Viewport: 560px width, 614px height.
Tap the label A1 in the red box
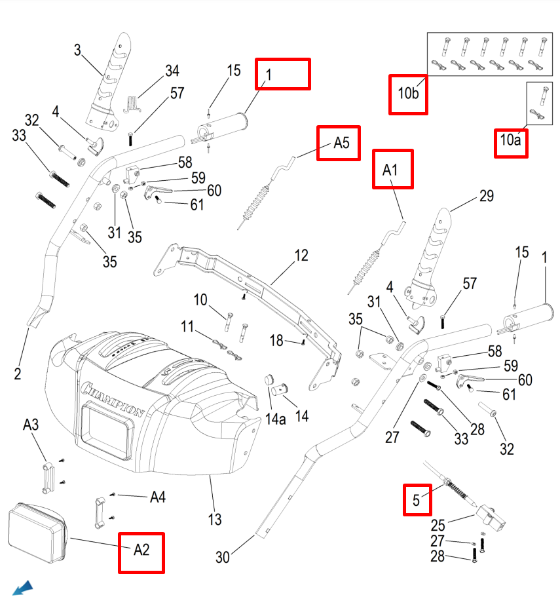pos(390,170)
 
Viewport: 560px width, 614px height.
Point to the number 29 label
pos(486,196)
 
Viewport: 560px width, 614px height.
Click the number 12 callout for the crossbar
pos(301,256)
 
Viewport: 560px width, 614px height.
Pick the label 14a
pos(278,419)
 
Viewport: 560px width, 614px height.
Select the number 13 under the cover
pos(215,520)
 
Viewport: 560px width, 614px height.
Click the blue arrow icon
pos(22,588)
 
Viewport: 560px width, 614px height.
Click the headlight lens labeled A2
pos(35,534)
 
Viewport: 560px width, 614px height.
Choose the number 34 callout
pos(172,71)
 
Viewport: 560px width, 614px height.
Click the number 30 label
pos(223,558)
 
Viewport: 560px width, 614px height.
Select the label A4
pos(157,497)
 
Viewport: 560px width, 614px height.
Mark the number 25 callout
pos(438,526)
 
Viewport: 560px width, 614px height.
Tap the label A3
pos(31,425)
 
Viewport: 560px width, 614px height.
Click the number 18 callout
pos(277,340)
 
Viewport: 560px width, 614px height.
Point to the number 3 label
pos(77,50)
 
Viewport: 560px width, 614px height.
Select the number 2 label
pos(18,374)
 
